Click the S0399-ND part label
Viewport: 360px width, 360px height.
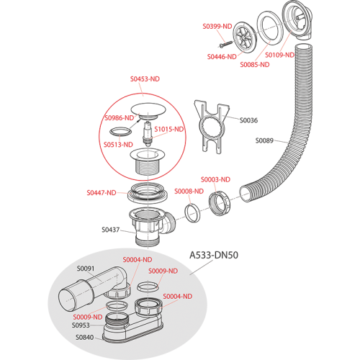point(217,26)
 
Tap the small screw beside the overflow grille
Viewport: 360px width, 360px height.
point(226,44)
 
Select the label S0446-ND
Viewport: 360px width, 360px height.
point(222,57)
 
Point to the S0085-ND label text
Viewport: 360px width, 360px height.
point(255,65)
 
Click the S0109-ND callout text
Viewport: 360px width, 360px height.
point(279,55)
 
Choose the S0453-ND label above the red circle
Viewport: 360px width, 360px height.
point(145,79)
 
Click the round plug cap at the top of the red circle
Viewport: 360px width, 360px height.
point(148,111)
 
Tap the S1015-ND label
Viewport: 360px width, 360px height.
point(169,130)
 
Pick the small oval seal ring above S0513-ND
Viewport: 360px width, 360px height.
point(121,132)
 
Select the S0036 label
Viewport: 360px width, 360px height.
point(248,120)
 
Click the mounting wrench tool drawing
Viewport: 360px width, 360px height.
point(212,126)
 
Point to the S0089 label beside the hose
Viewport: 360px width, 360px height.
point(264,140)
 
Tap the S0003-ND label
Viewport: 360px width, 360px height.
point(215,179)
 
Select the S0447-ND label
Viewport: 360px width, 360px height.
point(102,193)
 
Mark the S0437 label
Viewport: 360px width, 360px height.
point(111,230)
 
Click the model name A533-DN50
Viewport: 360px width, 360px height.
point(214,255)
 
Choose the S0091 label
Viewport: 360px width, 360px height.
point(86,269)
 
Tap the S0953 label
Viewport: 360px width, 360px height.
point(81,325)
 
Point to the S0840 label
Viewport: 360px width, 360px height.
point(85,338)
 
